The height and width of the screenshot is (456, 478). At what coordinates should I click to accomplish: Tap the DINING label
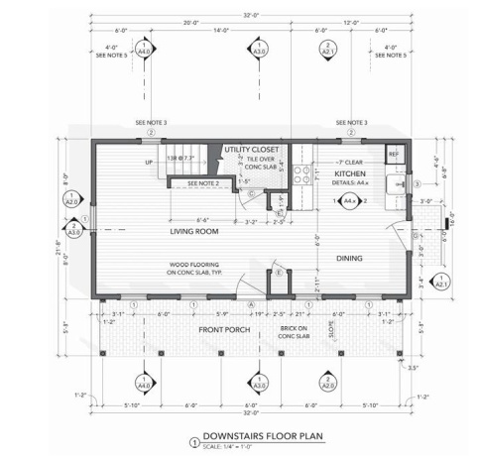348,260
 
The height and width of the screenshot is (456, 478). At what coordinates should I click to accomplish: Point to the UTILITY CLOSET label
253,149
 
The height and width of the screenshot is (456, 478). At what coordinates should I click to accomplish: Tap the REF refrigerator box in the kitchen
393,155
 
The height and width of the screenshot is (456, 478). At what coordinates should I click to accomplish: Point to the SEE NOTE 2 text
203,183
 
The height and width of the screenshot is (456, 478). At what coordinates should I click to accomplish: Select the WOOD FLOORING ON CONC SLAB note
184,269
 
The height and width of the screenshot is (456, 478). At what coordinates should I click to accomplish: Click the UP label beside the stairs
150,163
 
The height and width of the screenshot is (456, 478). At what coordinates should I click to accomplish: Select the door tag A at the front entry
251,303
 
